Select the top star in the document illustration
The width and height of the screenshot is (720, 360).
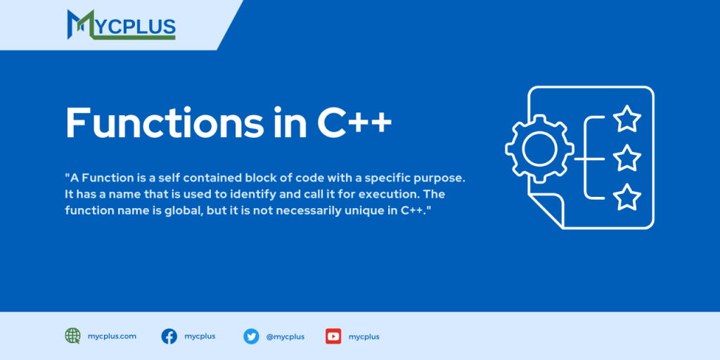point(626,118)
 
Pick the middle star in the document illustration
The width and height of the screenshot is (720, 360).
point(626,158)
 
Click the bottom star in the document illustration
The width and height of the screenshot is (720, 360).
point(626,197)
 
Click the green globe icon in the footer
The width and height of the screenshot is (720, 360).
point(73,336)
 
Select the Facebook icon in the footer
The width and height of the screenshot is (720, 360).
point(169,336)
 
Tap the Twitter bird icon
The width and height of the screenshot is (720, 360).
point(251,336)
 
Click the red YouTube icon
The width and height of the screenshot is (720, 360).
point(333,336)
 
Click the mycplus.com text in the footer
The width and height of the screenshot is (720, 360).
point(112,336)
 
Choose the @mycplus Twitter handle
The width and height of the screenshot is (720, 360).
point(285,337)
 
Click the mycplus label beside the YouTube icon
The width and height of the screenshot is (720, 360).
point(364,337)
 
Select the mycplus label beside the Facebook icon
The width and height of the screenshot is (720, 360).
point(200,336)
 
